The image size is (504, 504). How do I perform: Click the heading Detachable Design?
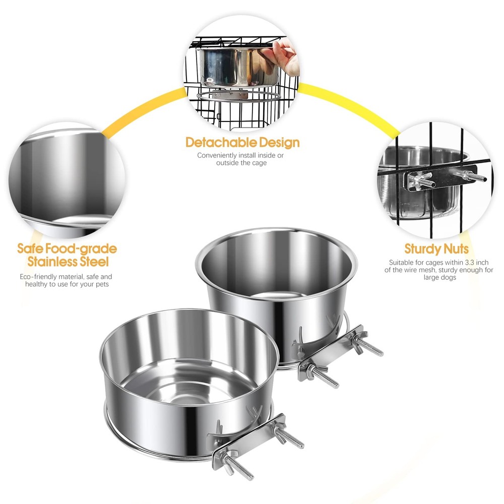[x=243, y=143]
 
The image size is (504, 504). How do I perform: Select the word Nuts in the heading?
[x=457, y=249]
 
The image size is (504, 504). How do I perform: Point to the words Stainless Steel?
[x=68, y=262]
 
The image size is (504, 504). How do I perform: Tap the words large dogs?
[x=439, y=277]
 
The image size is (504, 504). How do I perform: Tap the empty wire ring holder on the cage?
[x=238, y=96]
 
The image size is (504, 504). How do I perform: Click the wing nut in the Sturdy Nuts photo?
[x=417, y=180]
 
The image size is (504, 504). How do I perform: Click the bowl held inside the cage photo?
[x=237, y=67]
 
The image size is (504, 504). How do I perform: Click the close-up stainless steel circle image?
[x=67, y=180]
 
